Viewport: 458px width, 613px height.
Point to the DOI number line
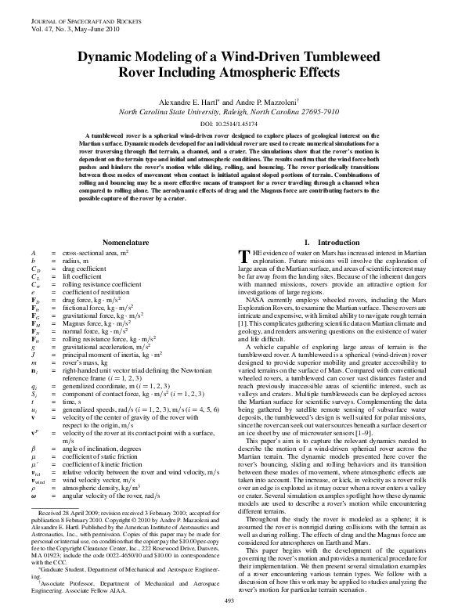click(x=229, y=124)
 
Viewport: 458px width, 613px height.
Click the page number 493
click(x=229, y=601)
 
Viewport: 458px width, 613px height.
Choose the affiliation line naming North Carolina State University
click(x=229, y=112)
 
